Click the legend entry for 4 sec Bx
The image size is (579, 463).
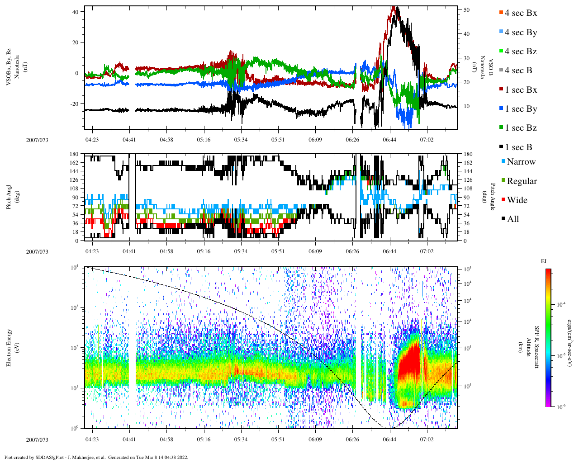(521, 13)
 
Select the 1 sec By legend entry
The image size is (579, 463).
(521, 109)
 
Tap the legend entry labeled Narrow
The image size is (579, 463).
(521, 162)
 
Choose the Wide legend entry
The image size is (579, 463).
(517, 200)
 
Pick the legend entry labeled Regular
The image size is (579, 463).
(522, 181)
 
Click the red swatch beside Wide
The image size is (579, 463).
(503, 200)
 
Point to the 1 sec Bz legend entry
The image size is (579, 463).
(521, 128)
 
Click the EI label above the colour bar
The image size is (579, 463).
(544, 261)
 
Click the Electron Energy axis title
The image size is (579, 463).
(9, 347)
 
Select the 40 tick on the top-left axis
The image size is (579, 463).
(75, 11)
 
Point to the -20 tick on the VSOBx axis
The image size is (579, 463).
(74, 104)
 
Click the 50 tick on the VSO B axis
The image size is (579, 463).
(466, 9)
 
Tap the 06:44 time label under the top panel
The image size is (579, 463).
(389, 140)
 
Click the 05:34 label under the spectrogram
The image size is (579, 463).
(241, 439)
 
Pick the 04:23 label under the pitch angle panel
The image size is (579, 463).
(92, 251)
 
